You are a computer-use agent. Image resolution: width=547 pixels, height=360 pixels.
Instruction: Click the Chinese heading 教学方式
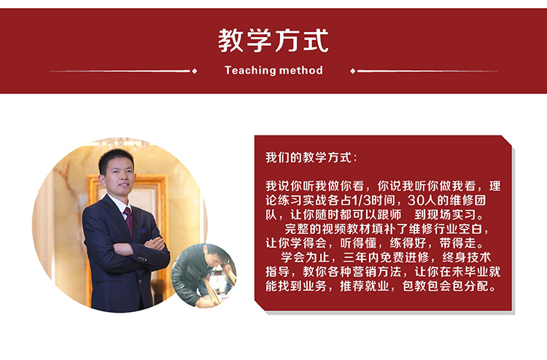[x=273, y=40]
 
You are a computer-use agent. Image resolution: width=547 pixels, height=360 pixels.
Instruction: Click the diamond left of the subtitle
[x=195, y=71]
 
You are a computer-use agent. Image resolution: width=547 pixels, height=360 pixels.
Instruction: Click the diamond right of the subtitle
[x=353, y=71]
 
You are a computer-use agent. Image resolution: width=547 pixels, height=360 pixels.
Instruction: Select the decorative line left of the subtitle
[x=120, y=71]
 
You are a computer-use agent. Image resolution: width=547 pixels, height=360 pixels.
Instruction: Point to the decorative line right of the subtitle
[x=427, y=71]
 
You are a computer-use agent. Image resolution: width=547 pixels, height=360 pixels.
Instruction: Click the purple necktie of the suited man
[x=128, y=222]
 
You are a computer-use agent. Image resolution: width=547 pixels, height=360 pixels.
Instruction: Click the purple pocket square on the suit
[x=144, y=230]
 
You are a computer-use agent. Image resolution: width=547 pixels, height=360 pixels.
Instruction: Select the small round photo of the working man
[x=204, y=275]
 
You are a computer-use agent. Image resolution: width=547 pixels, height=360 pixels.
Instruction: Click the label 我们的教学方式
[x=309, y=157]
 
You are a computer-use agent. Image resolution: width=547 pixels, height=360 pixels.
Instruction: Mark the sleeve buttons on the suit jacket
[x=141, y=259]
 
